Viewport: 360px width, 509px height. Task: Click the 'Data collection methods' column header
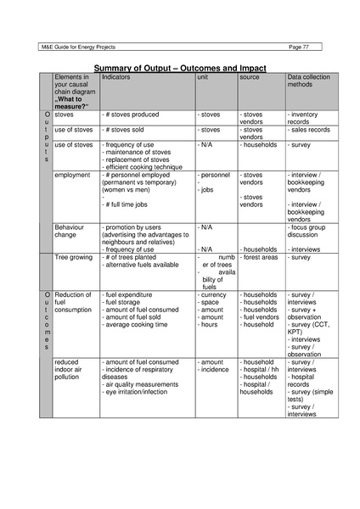(308, 81)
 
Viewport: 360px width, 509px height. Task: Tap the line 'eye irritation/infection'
(141, 392)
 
